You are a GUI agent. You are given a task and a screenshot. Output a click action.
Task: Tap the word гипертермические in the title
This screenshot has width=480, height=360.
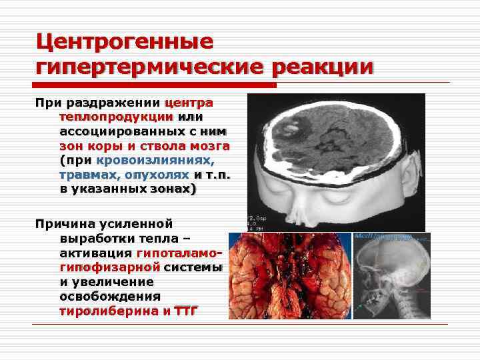[148, 67]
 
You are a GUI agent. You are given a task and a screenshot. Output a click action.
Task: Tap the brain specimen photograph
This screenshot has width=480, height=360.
[289, 276]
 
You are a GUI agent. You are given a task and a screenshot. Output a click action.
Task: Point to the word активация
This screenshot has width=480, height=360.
[95, 253]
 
